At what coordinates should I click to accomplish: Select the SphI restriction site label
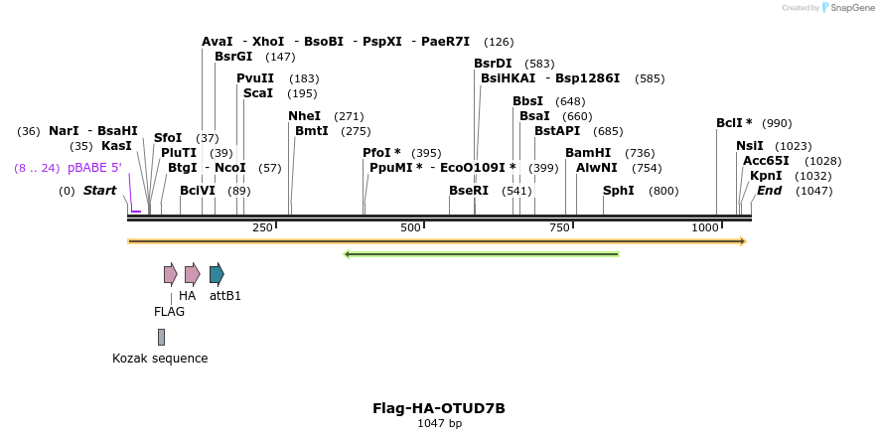coord(618,190)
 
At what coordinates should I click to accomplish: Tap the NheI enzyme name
coord(304,116)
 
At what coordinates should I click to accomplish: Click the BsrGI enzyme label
coord(233,57)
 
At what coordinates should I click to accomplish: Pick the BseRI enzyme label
coord(469,190)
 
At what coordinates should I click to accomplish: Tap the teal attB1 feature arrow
coord(217,274)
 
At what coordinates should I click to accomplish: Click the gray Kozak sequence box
coord(161,337)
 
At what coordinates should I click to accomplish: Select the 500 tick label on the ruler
coord(410,227)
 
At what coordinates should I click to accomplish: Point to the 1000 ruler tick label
coord(704,227)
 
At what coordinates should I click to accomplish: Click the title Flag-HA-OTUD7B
coord(439,408)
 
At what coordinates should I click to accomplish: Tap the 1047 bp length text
coord(439,424)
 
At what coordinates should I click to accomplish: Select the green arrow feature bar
coord(481,254)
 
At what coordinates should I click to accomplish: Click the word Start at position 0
coord(99,190)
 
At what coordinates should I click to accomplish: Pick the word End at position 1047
coord(769,190)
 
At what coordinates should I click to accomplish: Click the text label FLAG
coord(169,311)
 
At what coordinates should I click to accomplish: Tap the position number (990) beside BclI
coord(777,123)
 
